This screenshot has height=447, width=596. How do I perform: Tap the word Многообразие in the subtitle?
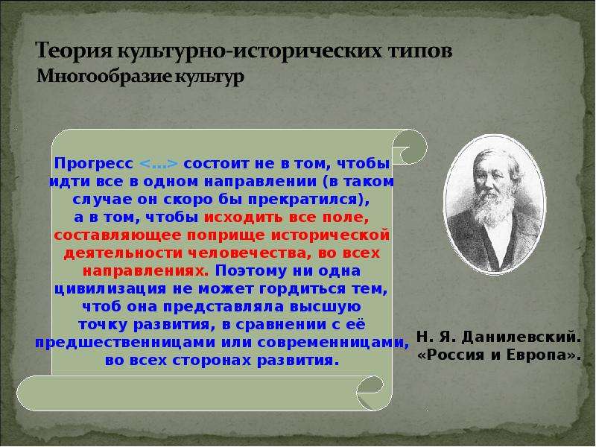click(104, 77)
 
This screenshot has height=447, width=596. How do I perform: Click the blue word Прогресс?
click(94, 164)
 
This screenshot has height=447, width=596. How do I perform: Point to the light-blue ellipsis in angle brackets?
click(159, 164)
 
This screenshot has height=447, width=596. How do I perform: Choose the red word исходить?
click(244, 218)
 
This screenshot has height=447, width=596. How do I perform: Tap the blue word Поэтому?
click(251, 271)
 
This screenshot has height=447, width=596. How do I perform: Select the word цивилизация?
click(110, 289)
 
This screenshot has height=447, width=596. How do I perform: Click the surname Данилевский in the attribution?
click(521, 337)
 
